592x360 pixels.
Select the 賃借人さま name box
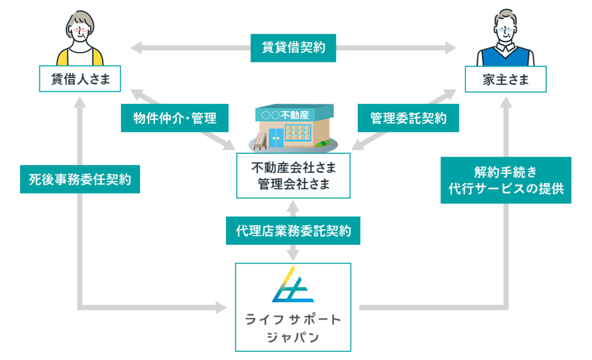80,79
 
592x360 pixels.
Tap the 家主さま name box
505,79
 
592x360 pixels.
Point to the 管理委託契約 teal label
408,118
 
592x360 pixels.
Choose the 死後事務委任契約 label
79,180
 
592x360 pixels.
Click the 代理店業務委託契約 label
294,231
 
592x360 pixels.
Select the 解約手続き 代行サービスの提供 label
506,180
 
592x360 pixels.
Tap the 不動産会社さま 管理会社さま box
294,176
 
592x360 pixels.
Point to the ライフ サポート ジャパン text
293,328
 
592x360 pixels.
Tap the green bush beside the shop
325,142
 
